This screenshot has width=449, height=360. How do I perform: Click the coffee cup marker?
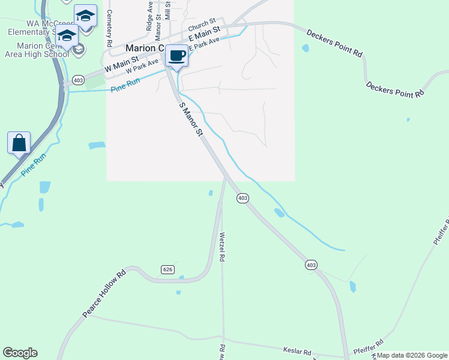point(176,56)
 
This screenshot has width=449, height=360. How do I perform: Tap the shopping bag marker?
point(19,143)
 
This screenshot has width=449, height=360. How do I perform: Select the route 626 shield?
point(167,270)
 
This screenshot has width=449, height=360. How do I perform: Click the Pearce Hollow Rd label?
point(104,294)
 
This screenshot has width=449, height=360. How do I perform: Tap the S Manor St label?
point(191,118)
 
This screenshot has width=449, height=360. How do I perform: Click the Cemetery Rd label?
point(109,29)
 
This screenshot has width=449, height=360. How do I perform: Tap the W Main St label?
point(121,65)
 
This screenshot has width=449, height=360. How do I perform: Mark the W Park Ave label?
point(142,66)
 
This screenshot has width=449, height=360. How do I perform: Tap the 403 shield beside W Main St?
point(78,80)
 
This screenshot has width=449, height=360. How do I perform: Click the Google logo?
point(20,353)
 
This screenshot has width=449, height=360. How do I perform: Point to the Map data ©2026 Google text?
point(412,355)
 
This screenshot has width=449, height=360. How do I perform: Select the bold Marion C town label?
point(144,48)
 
